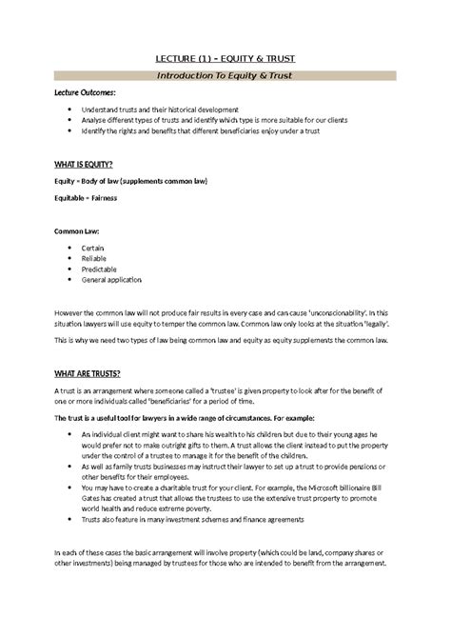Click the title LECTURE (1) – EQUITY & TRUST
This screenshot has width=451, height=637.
coord(225,56)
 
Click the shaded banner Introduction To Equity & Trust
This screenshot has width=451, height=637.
coord(225,75)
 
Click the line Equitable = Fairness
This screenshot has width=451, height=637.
coord(90,197)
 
